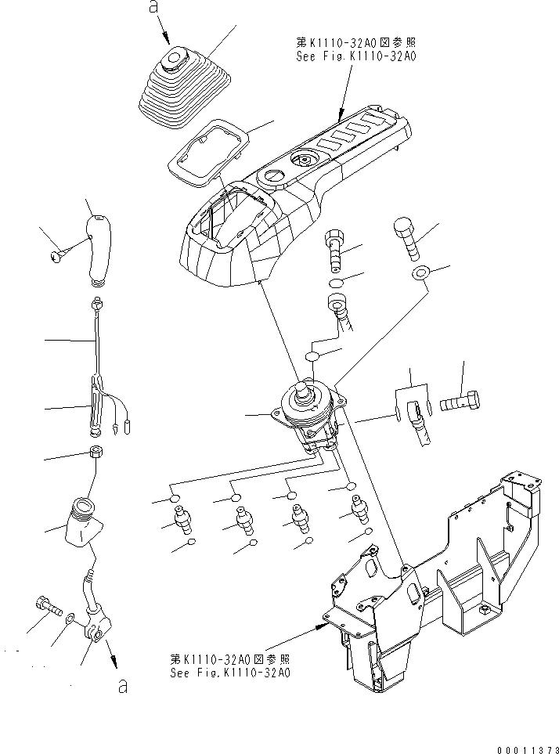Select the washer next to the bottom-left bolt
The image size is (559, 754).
[x=71, y=619]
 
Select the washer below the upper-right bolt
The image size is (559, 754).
[x=419, y=273]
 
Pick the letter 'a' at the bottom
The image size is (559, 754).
[x=121, y=687]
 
